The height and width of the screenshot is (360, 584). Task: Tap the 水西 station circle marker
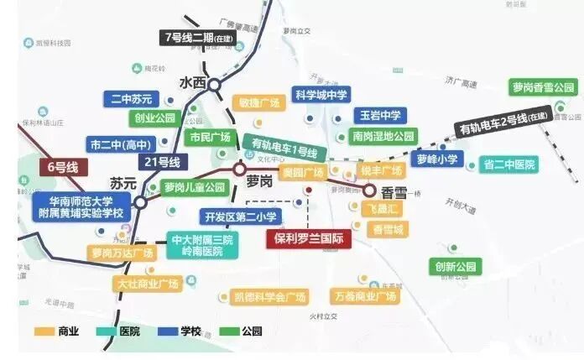(215, 84)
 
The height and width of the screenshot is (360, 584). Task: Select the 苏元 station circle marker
(140, 201)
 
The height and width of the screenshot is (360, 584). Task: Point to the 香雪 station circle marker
(369, 190)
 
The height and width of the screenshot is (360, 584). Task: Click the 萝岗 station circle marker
(239, 167)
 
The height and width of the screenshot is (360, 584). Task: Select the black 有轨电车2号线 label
(503, 125)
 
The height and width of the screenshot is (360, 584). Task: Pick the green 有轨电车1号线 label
(284, 148)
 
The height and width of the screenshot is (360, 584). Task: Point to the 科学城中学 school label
(321, 95)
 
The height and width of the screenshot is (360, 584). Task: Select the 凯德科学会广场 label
(269, 296)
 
